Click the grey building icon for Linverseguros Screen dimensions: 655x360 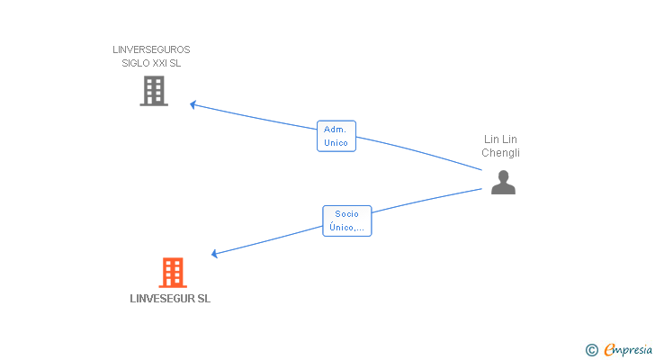[154, 91]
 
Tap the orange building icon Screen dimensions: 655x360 [173, 273]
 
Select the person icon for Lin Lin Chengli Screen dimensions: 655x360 [503, 182]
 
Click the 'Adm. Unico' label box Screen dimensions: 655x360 [336, 136]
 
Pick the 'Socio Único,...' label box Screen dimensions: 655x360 [346, 220]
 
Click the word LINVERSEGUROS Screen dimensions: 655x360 [151, 49]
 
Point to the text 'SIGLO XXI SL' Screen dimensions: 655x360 [151, 63]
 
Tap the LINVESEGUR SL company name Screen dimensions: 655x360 [170, 299]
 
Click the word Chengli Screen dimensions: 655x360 [500, 153]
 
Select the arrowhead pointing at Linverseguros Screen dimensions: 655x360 [193, 104]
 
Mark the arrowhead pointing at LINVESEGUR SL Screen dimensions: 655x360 [214, 254]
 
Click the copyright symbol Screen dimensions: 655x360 [591, 350]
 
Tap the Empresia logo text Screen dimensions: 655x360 [628, 350]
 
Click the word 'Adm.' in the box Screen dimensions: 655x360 [335, 130]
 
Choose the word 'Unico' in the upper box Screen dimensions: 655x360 [336, 143]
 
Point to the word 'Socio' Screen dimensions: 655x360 [346, 214]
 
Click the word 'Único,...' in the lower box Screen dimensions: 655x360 [346, 227]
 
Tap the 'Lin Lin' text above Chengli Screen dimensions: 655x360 [500, 139]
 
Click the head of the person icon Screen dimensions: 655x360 [503, 175]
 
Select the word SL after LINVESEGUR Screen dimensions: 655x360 [204, 299]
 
